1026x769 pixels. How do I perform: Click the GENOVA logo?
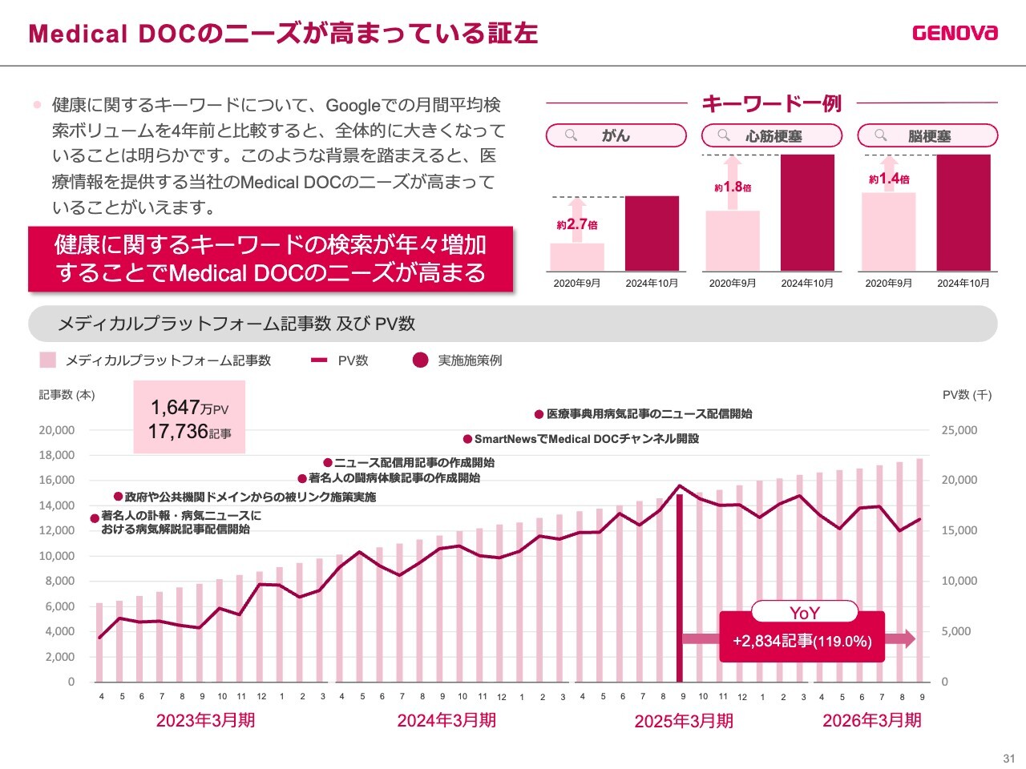tap(955, 33)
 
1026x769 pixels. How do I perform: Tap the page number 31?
tap(1008, 758)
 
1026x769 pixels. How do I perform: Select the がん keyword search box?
tap(616, 135)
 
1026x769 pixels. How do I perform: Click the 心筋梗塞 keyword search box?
tap(772, 135)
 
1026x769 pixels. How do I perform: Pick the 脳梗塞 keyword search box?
tap(927, 135)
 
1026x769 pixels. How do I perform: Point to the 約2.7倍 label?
tap(577, 225)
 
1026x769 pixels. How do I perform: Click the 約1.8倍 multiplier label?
tap(733, 187)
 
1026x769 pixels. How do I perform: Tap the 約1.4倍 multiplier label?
tap(889, 179)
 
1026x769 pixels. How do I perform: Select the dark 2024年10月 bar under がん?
tap(652, 233)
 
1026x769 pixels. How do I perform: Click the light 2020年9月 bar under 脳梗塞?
tap(888, 232)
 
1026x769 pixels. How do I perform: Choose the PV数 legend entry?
tap(340, 360)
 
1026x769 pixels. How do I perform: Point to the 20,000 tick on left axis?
tap(57, 430)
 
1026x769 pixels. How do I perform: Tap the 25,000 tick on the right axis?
tap(959, 430)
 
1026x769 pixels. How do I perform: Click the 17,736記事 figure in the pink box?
tap(189, 432)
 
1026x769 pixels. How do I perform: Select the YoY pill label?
tap(804, 613)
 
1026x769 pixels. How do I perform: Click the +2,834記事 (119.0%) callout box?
tap(802, 641)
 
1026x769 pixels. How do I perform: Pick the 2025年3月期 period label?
tap(684, 721)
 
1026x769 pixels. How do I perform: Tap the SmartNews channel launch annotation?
tap(581, 439)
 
